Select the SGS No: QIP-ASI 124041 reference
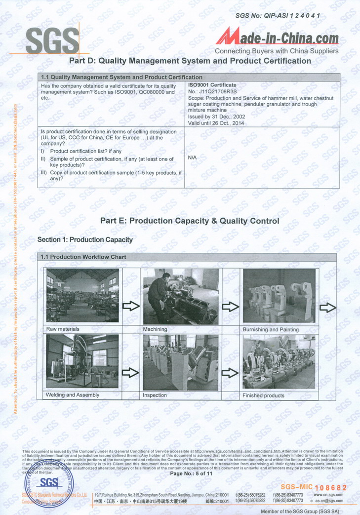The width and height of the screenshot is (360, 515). coord(278,15)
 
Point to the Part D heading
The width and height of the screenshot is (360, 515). coord(190,61)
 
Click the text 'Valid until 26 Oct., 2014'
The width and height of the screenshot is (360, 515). coord(216,123)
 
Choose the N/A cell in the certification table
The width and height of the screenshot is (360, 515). coord(193,157)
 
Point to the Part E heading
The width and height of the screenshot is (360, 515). coord(190,221)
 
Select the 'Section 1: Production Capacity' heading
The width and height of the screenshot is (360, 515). coord(85,239)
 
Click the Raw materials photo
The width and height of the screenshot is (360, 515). coord(82,295)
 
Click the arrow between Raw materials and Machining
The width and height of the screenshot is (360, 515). coord(131,307)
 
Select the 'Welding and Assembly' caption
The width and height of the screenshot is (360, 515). coord(73,395)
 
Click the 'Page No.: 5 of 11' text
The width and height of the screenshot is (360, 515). coord(191,473)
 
